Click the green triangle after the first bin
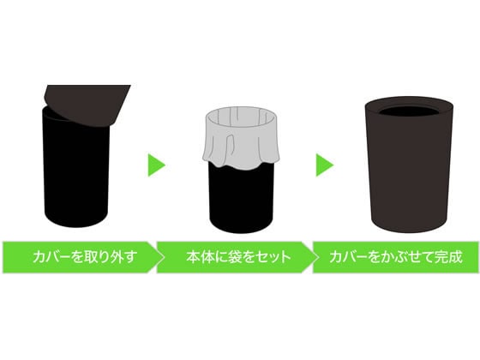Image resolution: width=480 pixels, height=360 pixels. point(155,165)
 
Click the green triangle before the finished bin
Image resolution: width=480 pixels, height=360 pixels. point(323,165)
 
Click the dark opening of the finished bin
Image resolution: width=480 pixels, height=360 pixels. point(409,111)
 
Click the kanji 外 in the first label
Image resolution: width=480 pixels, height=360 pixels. point(117,256)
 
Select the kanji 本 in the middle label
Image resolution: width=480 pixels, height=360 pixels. point(193,256)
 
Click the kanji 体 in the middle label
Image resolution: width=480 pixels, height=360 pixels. point(207,256)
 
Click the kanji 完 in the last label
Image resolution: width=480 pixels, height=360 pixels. point(441,256)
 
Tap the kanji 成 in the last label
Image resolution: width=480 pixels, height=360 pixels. point(455,256)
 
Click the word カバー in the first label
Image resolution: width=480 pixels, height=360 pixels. point(51,257)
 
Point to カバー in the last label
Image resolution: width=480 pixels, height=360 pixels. point(348,257)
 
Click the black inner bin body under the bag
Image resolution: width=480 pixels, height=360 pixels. point(241,199)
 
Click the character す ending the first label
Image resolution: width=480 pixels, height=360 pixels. point(130,257)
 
